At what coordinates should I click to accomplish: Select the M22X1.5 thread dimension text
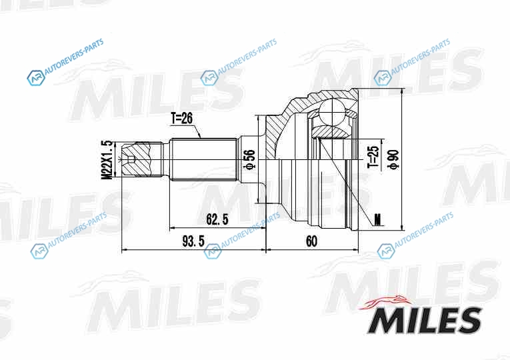pyautogui.click(x=107, y=159)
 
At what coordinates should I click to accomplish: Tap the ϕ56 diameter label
pyautogui.click(x=251, y=159)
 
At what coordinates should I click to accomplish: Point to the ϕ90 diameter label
pyautogui.click(x=393, y=159)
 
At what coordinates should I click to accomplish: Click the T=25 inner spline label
pyautogui.click(x=374, y=157)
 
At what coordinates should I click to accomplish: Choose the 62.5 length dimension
pyautogui.click(x=217, y=219)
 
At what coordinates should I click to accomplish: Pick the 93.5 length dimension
pyautogui.click(x=193, y=241)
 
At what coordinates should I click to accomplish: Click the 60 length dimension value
pyautogui.click(x=311, y=241)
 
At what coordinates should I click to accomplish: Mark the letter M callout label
pyautogui.click(x=377, y=219)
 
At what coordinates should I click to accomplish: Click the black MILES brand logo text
pyautogui.click(x=425, y=320)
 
